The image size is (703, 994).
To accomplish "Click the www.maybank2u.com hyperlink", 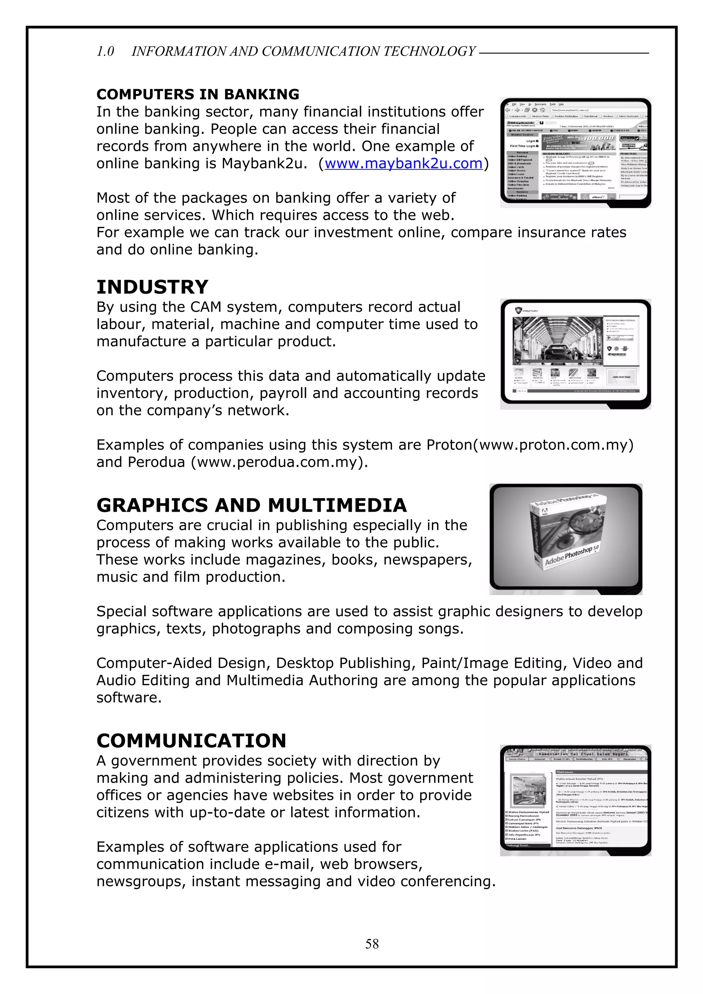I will [x=403, y=164].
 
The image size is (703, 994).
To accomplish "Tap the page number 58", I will [x=372, y=944].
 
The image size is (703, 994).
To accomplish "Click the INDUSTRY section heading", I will [x=152, y=287].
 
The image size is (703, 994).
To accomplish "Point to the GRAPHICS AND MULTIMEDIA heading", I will [x=252, y=506].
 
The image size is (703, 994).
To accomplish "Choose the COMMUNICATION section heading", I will [x=192, y=741].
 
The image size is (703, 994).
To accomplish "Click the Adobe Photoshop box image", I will [x=566, y=539].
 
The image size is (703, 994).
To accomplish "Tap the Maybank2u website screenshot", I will [x=575, y=152].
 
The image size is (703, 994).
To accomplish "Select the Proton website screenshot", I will [x=575, y=354].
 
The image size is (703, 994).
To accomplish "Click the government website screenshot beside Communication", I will [x=575, y=801].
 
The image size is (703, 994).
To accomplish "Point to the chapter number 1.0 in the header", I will [x=105, y=51].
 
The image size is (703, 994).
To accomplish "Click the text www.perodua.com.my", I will [x=278, y=462].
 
